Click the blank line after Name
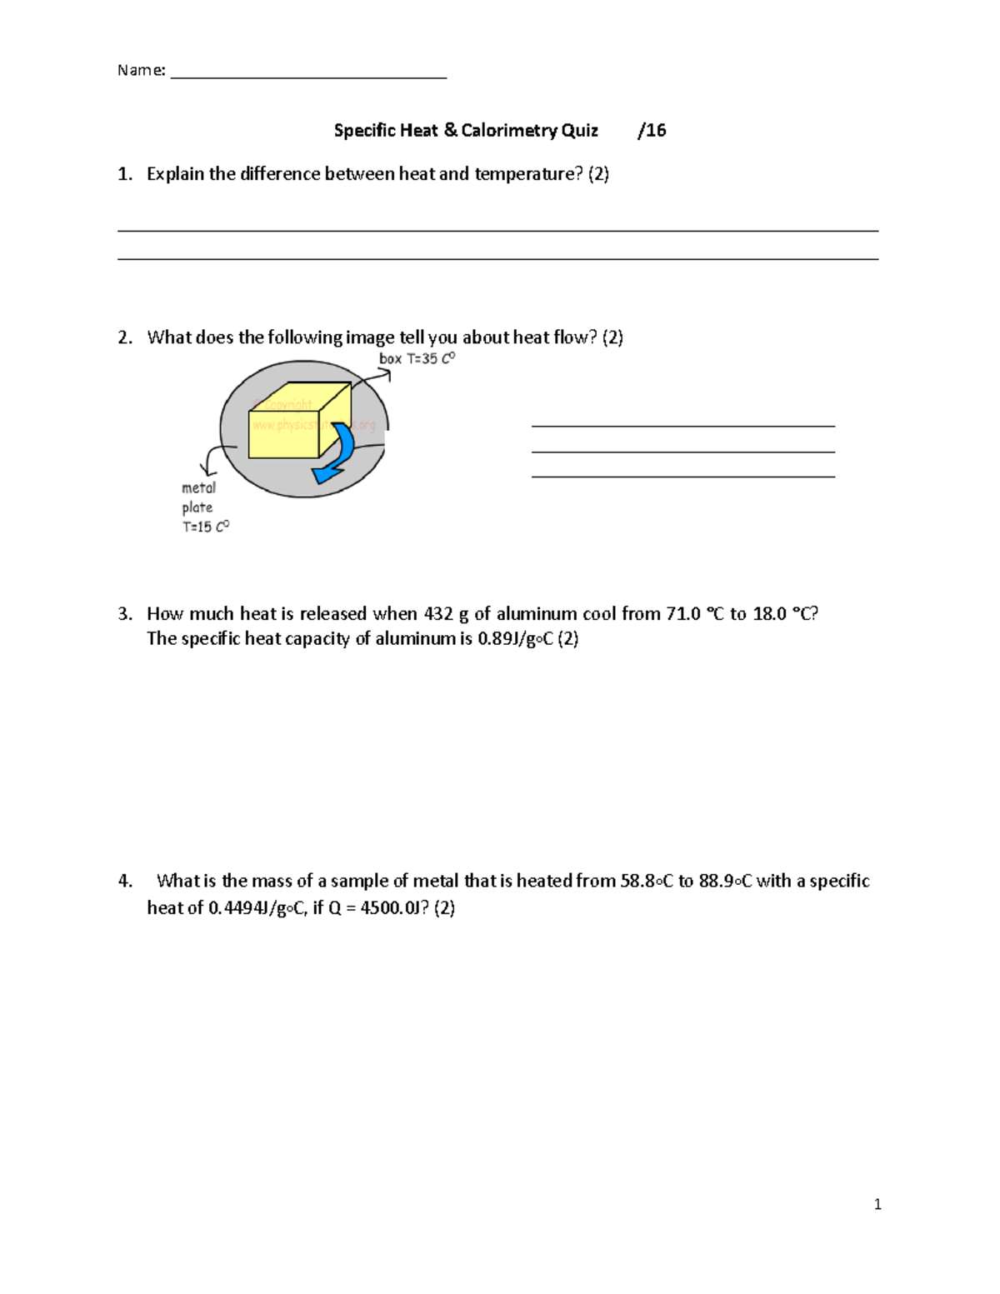click(308, 75)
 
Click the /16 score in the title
click(652, 131)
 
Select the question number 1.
click(124, 174)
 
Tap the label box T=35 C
click(417, 359)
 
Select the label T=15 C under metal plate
click(205, 527)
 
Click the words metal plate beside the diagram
click(198, 497)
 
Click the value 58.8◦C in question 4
click(647, 882)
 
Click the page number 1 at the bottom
click(877, 1204)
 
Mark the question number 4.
click(124, 882)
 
